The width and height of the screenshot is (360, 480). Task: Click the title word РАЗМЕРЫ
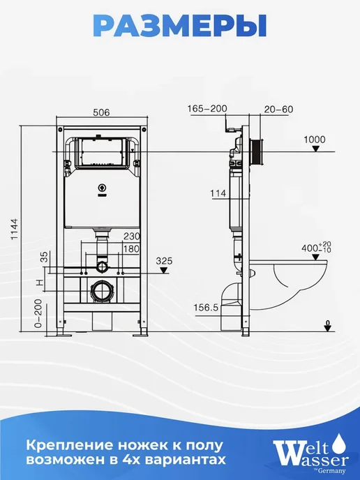(180, 27)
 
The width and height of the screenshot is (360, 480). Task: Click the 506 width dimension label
(101, 112)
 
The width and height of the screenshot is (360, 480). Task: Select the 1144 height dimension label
(15, 230)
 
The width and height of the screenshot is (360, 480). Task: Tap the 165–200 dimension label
(207, 108)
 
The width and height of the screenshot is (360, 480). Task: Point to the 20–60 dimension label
(278, 110)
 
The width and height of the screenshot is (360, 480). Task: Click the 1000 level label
(315, 140)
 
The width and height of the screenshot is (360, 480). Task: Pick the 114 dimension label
(218, 193)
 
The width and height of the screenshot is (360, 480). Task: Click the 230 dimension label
(131, 237)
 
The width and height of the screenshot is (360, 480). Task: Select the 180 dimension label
(131, 248)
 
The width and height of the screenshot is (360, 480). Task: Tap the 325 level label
(165, 261)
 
